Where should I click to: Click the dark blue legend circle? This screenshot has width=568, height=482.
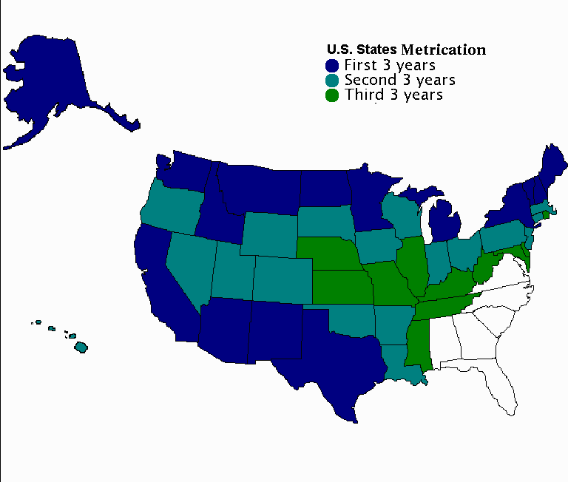click(332, 65)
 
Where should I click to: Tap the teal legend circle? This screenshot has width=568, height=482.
click(332, 80)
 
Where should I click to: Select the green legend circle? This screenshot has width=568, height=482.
click(332, 95)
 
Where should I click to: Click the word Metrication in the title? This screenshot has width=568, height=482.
click(443, 50)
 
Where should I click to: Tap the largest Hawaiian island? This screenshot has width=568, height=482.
click(81, 346)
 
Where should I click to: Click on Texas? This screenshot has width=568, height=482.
click(333, 355)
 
